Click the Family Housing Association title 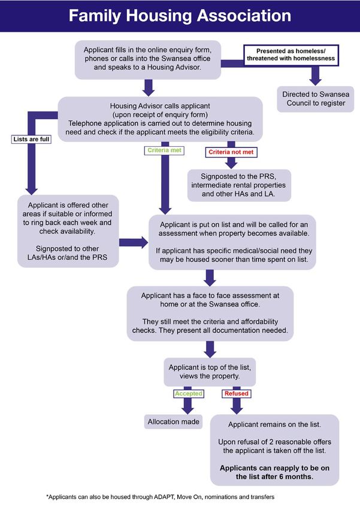[x=180, y=16]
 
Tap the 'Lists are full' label [x=32, y=140]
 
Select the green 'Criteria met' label [x=164, y=150]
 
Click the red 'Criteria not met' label [x=231, y=152]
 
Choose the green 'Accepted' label [x=189, y=393]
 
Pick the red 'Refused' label [x=237, y=393]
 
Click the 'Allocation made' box [x=173, y=422]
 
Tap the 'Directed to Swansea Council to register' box [x=316, y=99]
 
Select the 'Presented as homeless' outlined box [x=291, y=55]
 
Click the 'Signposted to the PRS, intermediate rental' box [x=239, y=186]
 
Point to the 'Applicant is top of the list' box [x=210, y=372]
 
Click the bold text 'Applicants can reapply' [x=274, y=472]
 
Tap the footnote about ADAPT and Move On [x=161, y=496]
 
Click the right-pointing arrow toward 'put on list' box [x=134, y=243]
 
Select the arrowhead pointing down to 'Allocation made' [x=188, y=408]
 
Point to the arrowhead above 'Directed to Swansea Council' [x=315, y=80]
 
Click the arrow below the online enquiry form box [x=149, y=87]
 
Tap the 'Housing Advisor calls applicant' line [x=160, y=106]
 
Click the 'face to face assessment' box [x=210, y=313]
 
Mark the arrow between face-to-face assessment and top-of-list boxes [x=210, y=349]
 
